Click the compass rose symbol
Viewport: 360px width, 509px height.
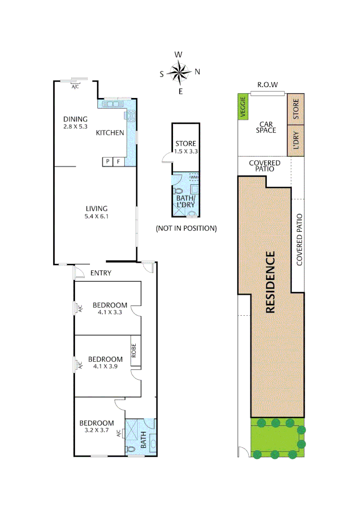pos(179,72)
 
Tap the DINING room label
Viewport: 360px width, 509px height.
pos(76,119)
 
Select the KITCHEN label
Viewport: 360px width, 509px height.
pos(110,133)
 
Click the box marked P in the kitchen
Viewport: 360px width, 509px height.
pos(107,162)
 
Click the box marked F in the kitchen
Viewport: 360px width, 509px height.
pos(119,162)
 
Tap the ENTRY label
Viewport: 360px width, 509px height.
pos(101,273)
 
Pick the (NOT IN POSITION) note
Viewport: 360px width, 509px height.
pos(186,229)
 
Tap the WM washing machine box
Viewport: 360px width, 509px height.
pos(194,177)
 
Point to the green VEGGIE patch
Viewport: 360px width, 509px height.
pos(244,107)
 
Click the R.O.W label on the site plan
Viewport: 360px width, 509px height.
pos(267,85)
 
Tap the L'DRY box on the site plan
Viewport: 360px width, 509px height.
pos(296,140)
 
